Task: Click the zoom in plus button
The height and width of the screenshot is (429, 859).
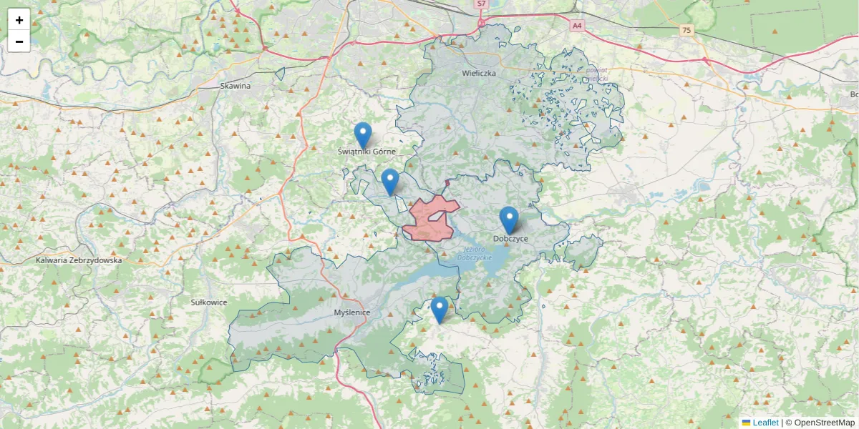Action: [19, 20]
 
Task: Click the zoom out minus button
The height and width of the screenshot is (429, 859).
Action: [19, 41]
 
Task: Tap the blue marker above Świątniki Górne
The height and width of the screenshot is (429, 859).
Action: [363, 134]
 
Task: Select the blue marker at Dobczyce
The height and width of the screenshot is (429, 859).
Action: [508, 219]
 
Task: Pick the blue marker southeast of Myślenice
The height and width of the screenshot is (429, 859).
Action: [439, 309]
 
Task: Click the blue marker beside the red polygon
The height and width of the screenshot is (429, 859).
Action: [389, 181]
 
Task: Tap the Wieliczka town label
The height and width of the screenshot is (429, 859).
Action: [479, 73]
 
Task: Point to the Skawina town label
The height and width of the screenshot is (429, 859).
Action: [236, 86]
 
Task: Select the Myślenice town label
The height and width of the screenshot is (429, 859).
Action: [351, 313]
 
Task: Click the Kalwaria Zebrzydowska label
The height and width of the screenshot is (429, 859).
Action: [79, 260]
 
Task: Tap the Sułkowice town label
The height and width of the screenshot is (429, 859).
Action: [208, 302]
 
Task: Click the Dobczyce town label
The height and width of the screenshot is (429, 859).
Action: [510, 238]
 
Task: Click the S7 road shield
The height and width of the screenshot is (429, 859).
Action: [481, 4]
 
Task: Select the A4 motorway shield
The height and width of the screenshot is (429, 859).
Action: [577, 26]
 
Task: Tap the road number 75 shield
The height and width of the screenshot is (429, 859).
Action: [687, 29]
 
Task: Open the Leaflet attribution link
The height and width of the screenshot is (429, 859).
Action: [765, 423]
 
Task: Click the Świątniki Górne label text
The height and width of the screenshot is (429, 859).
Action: [367, 152]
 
